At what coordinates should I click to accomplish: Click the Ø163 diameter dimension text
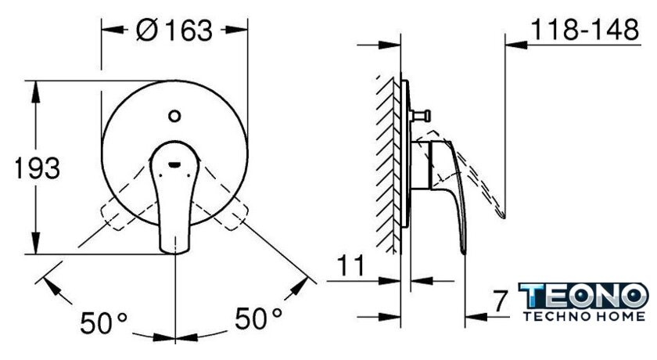[x=174, y=31]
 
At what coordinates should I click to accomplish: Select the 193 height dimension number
[x=37, y=168]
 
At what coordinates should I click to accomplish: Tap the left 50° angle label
[x=103, y=322]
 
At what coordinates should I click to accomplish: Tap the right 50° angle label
[x=258, y=318]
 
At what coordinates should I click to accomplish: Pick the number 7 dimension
[x=499, y=301]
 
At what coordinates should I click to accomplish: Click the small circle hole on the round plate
[x=174, y=116]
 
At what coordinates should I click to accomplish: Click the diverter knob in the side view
[x=420, y=115]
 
